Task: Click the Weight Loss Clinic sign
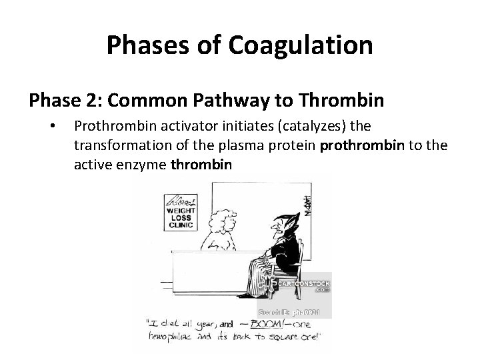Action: (179, 211)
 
